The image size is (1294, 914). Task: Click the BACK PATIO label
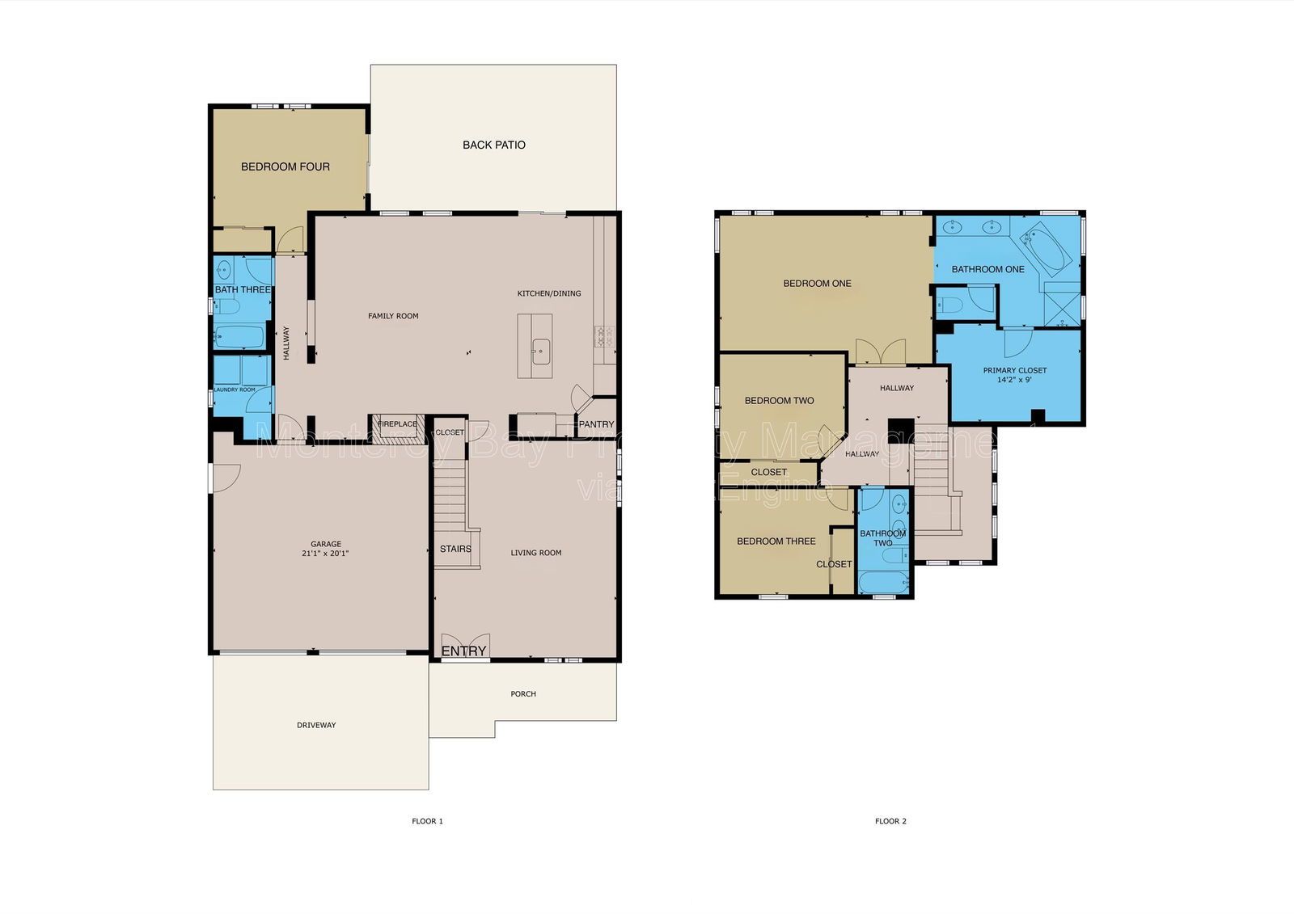click(x=493, y=145)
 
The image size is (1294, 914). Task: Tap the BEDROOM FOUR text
click(x=285, y=166)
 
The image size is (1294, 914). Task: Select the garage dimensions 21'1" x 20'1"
click(x=326, y=554)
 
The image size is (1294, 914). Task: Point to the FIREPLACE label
click(x=397, y=424)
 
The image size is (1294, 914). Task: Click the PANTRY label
click(x=596, y=424)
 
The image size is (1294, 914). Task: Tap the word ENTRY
click(x=464, y=651)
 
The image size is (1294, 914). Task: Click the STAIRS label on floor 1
click(x=455, y=549)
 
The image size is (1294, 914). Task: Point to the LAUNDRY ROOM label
click(x=235, y=390)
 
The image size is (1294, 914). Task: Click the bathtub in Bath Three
click(x=239, y=336)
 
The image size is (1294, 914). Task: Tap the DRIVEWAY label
click(x=316, y=725)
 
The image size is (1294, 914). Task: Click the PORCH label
click(x=523, y=693)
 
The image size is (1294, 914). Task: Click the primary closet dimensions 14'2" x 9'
click(x=1015, y=380)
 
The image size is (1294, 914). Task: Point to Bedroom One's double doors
click(x=880, y=352)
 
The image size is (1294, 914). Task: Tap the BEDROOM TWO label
click(x=779, y=400)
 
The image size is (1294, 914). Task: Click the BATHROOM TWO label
click(x=882, y=538)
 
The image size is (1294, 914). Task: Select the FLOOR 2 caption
click(x=890, y=821)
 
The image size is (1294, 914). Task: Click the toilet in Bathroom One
click(x=952, y=305)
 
